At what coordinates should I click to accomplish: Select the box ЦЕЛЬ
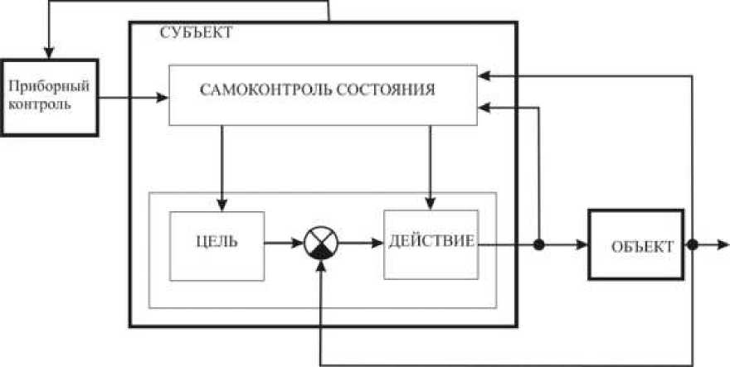tap(217, 245)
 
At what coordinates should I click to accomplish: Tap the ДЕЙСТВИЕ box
tap(431, 244)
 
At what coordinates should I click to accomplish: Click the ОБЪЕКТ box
tap(638, 246)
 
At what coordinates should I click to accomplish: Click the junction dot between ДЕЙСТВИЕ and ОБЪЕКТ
tap(539, 245)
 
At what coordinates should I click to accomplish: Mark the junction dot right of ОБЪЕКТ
tap(693, 245)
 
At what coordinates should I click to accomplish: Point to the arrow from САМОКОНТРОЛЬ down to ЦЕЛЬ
tap(221, 166)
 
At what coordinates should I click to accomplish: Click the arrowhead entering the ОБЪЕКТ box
tap(582, 245)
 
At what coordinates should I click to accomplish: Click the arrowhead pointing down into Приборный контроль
tap(50, 51)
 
